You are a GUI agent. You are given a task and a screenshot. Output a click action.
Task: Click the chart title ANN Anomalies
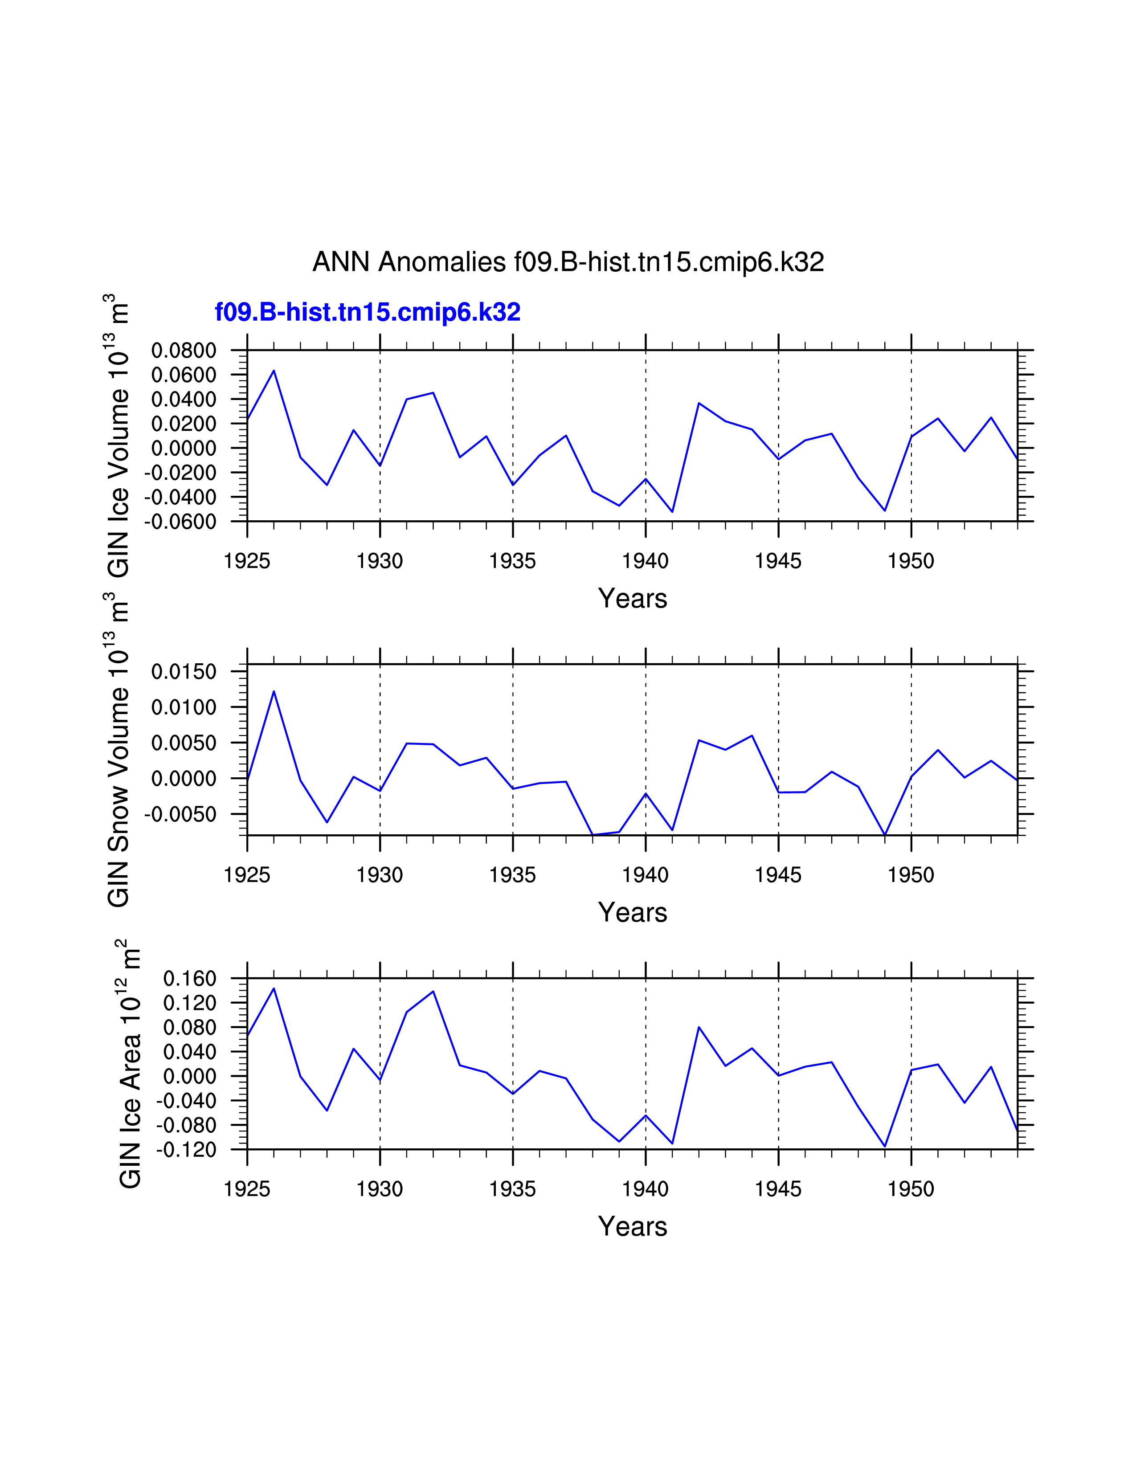568,262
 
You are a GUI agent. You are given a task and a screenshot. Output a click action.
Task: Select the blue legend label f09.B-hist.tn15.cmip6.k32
368,312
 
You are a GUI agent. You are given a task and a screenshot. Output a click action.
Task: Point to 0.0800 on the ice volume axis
184,351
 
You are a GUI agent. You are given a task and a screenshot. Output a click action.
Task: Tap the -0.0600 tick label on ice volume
180,522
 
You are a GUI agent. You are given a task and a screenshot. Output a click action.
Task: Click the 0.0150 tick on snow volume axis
184,672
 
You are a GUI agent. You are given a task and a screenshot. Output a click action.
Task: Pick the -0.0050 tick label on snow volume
180,814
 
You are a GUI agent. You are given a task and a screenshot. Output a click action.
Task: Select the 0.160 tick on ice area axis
190,979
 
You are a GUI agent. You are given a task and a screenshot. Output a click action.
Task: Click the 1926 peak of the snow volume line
274,691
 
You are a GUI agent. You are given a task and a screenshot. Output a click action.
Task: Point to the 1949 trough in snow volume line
885,835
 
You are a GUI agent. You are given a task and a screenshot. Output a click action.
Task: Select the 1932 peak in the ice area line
433,992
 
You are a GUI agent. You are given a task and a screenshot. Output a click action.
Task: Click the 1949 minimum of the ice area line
885,1146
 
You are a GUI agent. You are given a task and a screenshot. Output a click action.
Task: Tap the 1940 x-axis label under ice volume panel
646,561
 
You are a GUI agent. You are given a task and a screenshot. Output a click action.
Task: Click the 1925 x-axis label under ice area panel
247,1189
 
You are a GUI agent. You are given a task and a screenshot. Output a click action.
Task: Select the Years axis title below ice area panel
632,1226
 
